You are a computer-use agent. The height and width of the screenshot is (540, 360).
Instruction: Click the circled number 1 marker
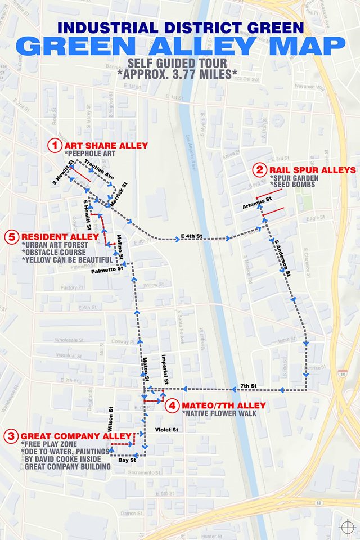pos(54,145)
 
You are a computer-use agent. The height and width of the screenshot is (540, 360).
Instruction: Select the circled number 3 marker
pos(11,435)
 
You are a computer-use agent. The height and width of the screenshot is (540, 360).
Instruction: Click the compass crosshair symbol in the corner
pos(348,527)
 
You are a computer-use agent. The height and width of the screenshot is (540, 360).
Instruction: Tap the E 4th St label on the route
pos(191,235)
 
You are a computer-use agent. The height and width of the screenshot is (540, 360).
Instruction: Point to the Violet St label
pos(166,430)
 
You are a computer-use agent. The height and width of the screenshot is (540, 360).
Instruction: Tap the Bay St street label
pos(128,461)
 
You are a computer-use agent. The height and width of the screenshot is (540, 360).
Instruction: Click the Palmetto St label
pos(107,271)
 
